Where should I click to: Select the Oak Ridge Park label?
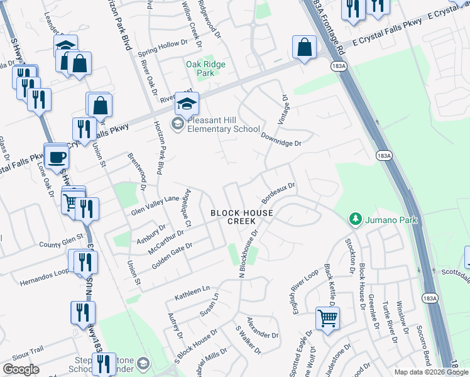[200, 68]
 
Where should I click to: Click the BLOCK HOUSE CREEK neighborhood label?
[242, 217]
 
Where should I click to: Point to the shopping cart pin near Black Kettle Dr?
[327, 319]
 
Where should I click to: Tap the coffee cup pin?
[56, 156]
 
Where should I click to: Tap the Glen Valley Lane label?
[155, 206]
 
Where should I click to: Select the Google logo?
[21, 369]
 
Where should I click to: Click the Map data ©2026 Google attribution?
[431, 372]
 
